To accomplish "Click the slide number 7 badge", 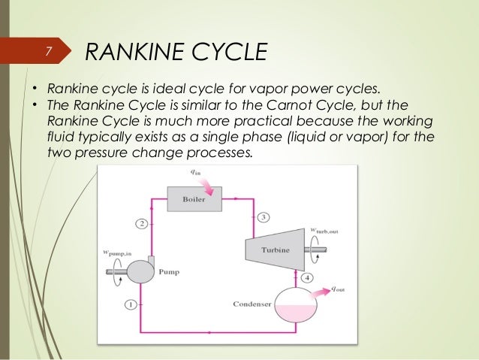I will click(x=47, y=52).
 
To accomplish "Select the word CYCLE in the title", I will click(x=228, y=52).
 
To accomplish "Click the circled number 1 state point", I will click(x=131, y=304).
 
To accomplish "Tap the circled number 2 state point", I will click(x=141, y=223).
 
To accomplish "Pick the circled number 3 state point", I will click(x=263, y=217).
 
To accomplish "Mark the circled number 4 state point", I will click(x=307, y=279).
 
